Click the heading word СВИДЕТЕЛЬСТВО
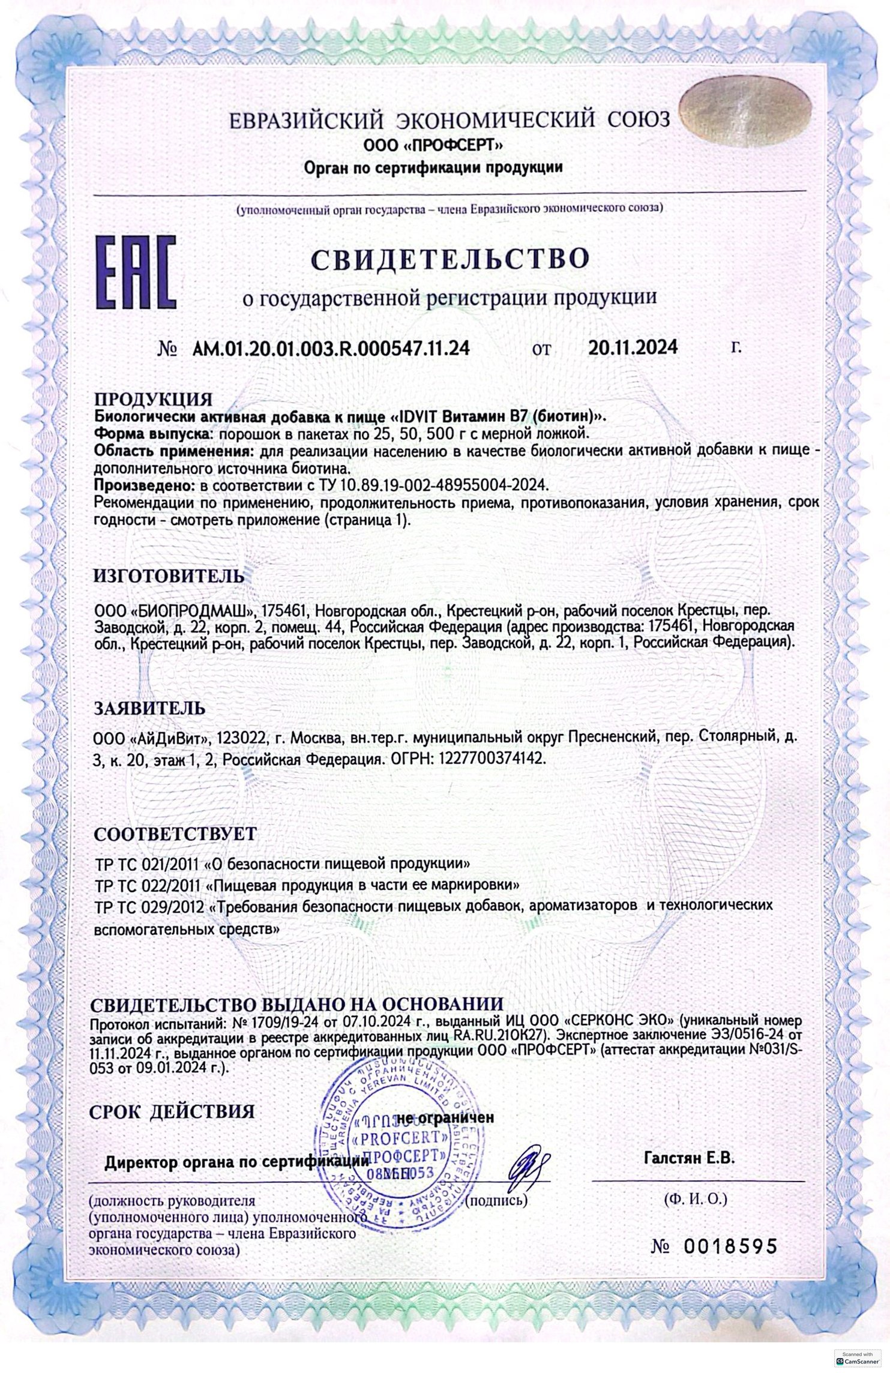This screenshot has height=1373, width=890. (x=450, y=258)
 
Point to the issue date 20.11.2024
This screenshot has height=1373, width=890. (x=633, y=347)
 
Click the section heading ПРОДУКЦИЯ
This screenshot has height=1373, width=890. (x=153, y=399)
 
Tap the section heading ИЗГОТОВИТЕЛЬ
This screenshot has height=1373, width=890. (x=169, y=576)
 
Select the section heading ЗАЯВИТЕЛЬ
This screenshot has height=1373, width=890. (x=149, y=708)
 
